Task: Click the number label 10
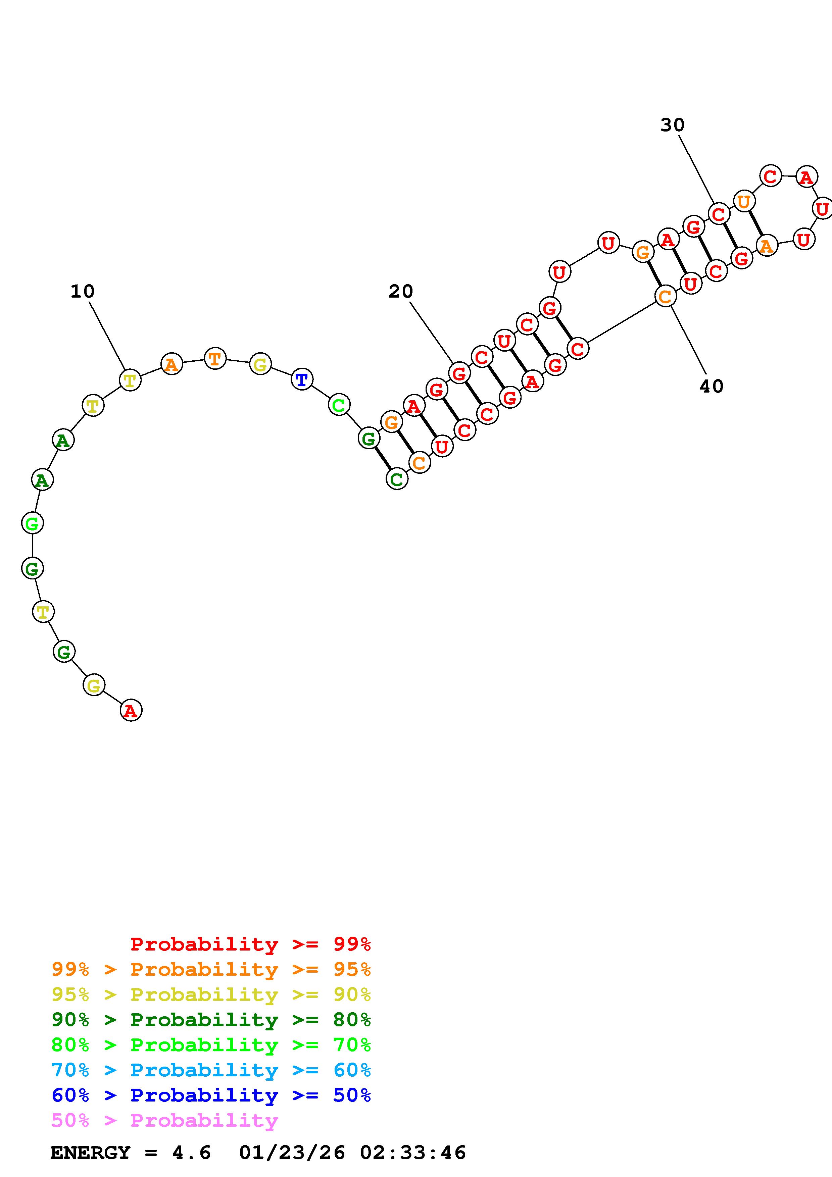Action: click(83, 291)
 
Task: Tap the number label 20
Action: click(400, 291)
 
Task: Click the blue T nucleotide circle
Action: click(302, 379)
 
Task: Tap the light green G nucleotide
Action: click(32, 523)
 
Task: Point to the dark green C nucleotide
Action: click(397, 479)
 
